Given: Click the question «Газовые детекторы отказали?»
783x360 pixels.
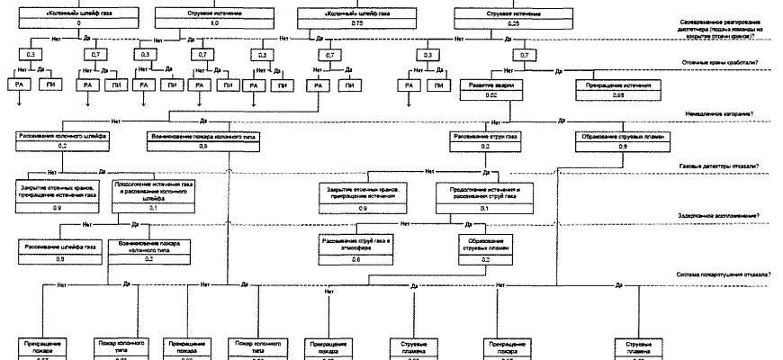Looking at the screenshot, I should point(720,167).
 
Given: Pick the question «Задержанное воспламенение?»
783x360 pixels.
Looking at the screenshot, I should point(718,216).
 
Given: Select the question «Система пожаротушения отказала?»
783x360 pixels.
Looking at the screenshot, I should point(715,273).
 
